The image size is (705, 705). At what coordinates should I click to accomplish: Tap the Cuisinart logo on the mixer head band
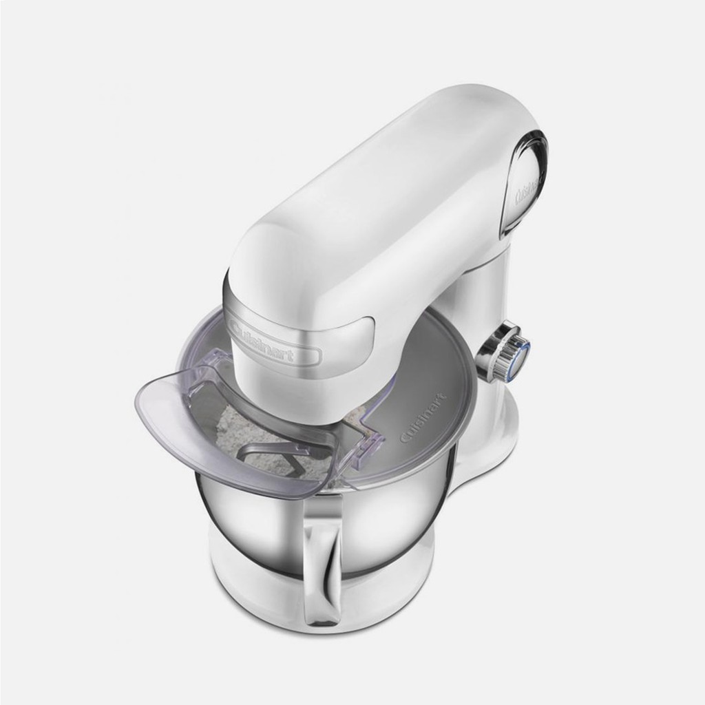tap(261, 341)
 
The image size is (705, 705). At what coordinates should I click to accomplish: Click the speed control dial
tap(503, 350)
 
